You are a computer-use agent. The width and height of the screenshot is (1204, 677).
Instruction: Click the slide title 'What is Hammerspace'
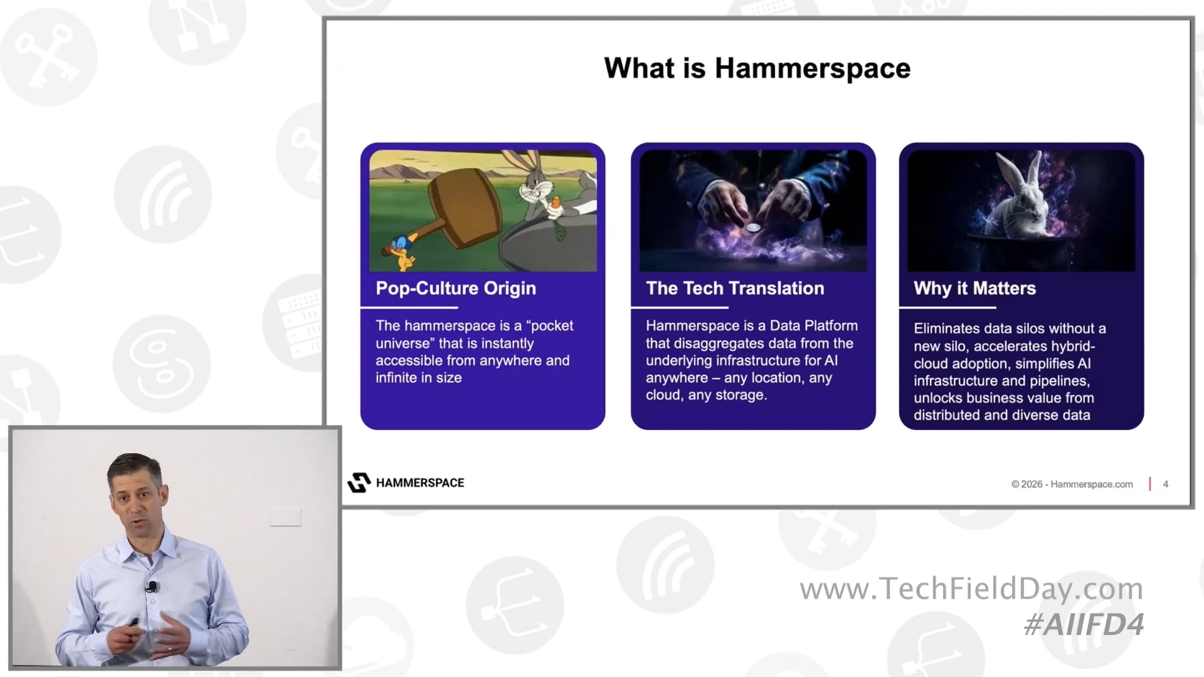tap(757, 68)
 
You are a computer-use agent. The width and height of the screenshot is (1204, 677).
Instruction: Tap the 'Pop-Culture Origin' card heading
tap(456, 288)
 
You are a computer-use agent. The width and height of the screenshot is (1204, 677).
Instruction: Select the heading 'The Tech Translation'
tap(735, 288)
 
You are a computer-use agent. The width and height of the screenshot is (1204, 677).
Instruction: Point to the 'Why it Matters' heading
tap(974, 288)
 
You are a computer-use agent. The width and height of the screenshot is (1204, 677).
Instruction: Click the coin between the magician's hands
tap(753, 228)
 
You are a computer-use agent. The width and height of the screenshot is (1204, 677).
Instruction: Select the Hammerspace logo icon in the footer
tap(359, 483)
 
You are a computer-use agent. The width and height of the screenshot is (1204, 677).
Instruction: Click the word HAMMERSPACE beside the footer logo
tap(420, 483)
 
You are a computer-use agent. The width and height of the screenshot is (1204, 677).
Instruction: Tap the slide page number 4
tap(1166, 484)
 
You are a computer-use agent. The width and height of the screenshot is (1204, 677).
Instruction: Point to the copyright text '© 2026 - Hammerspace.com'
tap(1072, 484)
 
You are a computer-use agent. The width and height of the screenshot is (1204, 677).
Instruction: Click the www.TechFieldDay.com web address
tap(971, 589)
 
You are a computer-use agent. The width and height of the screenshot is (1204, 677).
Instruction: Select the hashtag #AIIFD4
tap(1084, 624)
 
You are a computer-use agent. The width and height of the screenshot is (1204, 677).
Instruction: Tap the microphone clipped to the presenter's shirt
tap(152, 587)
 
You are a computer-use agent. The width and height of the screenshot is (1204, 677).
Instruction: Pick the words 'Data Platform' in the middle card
tap(813, 326)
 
